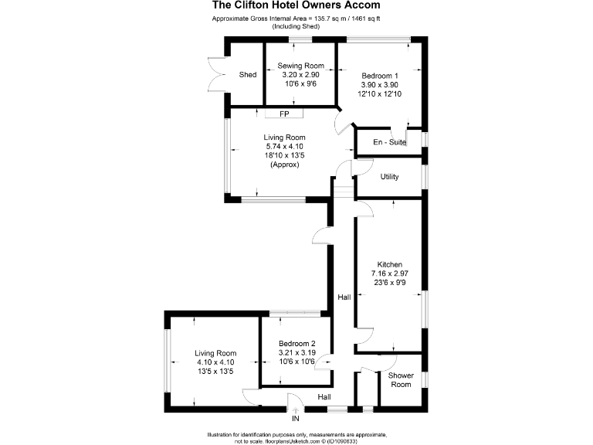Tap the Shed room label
[248, 75]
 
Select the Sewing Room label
[301, 66]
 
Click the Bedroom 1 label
[379, 75]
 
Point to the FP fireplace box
[284, 114]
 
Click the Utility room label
[389, 177]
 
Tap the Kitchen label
[389, 264]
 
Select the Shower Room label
[401, 379]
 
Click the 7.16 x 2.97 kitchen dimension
[389, 273]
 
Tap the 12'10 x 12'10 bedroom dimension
[379, 93]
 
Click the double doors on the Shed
[214, 75]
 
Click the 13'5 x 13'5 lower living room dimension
[215, 372]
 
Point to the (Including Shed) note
[296, 27]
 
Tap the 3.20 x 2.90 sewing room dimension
[301, 75]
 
